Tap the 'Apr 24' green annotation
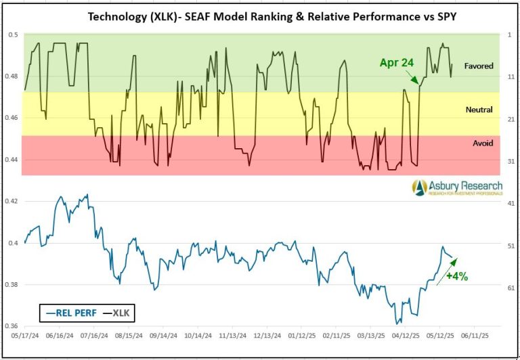[396, 62]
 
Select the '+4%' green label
[456, 276]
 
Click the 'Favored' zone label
[478, 66]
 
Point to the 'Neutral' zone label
[479, 110]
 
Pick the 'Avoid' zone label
[483, 143]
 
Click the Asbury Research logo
[456, 187]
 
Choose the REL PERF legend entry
[67, 313]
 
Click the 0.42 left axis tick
[12, 201]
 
